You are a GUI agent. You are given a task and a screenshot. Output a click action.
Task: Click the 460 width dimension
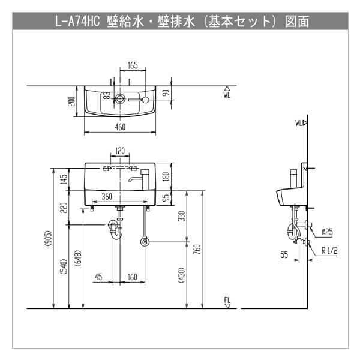(120, 127)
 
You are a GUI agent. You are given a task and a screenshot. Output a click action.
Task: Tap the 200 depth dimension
(71, 101)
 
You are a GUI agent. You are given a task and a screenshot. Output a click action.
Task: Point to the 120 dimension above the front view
(120, 150)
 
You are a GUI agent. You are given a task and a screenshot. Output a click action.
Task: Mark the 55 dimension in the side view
(284, 254)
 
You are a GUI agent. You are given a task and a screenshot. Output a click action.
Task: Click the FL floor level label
(227, 299)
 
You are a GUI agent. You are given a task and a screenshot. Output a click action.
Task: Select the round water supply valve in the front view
(144, 242)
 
